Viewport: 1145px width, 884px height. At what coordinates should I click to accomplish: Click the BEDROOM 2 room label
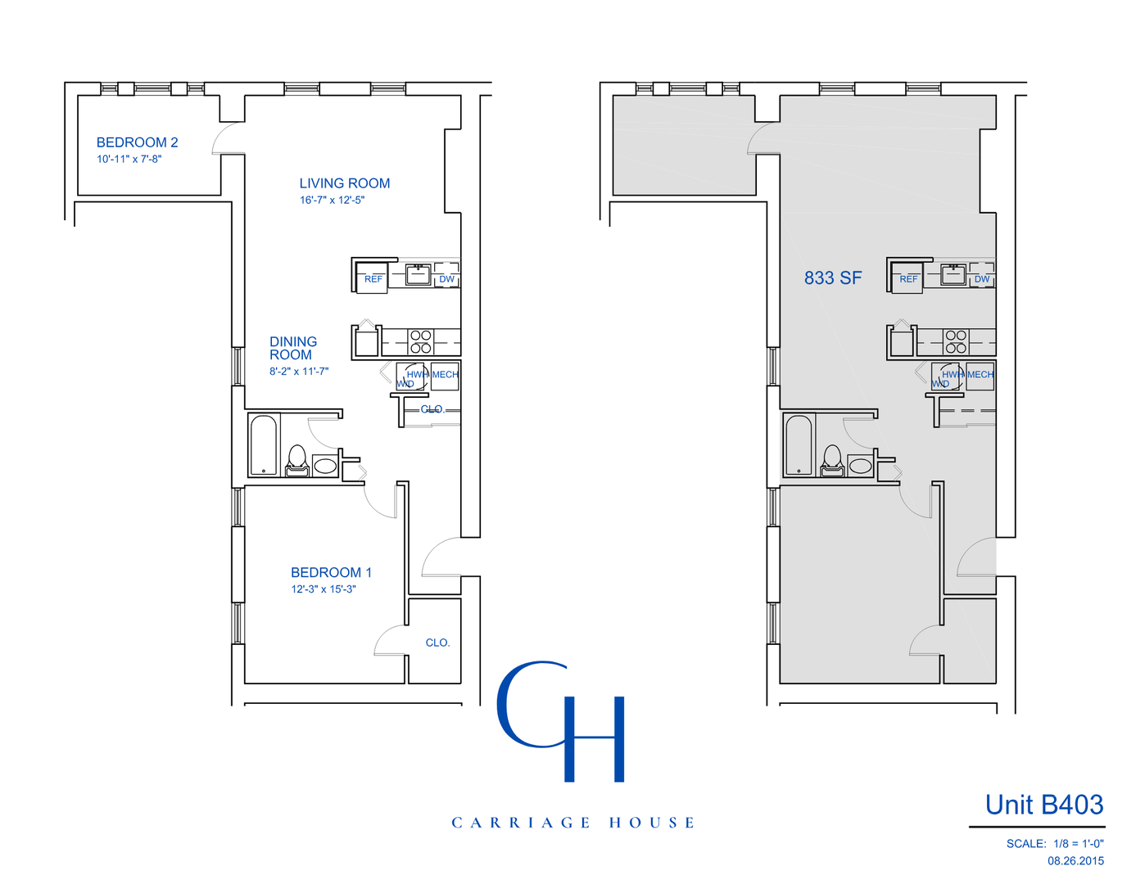pos(137,142)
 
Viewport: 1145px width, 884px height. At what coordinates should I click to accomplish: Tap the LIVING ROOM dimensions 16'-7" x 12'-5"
pos(332,200)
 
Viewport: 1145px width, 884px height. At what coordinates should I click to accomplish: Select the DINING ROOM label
pos(292,348)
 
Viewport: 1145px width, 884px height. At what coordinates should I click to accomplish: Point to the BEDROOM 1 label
pos(331,572)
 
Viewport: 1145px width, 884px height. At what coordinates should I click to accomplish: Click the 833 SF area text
pos(832,278)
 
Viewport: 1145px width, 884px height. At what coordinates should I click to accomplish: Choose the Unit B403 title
pos(1043,805)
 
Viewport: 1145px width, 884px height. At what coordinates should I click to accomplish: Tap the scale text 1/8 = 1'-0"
pos(1078,843)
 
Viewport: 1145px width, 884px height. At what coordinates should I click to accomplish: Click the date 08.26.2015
pos(1075,860)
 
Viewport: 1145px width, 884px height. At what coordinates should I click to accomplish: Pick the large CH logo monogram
pos(561,720)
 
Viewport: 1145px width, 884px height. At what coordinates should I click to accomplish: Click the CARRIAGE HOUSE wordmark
pos(572,823)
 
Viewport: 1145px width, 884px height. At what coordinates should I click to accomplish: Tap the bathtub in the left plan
pos(264,445)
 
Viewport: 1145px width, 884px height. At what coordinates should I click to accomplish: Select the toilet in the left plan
pos(296,460)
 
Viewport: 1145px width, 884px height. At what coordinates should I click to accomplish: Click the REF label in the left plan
pos(373,279)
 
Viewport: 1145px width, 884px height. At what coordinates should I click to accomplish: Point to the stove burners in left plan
pos(421,341)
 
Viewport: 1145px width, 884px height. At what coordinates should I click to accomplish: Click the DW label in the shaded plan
pos(981,279)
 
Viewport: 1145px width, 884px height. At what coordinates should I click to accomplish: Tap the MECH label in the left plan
pos(445,375)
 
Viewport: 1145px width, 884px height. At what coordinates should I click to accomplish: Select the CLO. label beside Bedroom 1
pos(437,643)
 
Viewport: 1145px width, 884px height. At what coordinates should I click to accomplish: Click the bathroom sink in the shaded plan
pos(860,466)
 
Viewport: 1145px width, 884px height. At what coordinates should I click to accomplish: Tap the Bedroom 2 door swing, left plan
pos(228,138)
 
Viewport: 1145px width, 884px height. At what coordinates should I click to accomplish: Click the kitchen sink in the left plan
pos(418,274)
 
